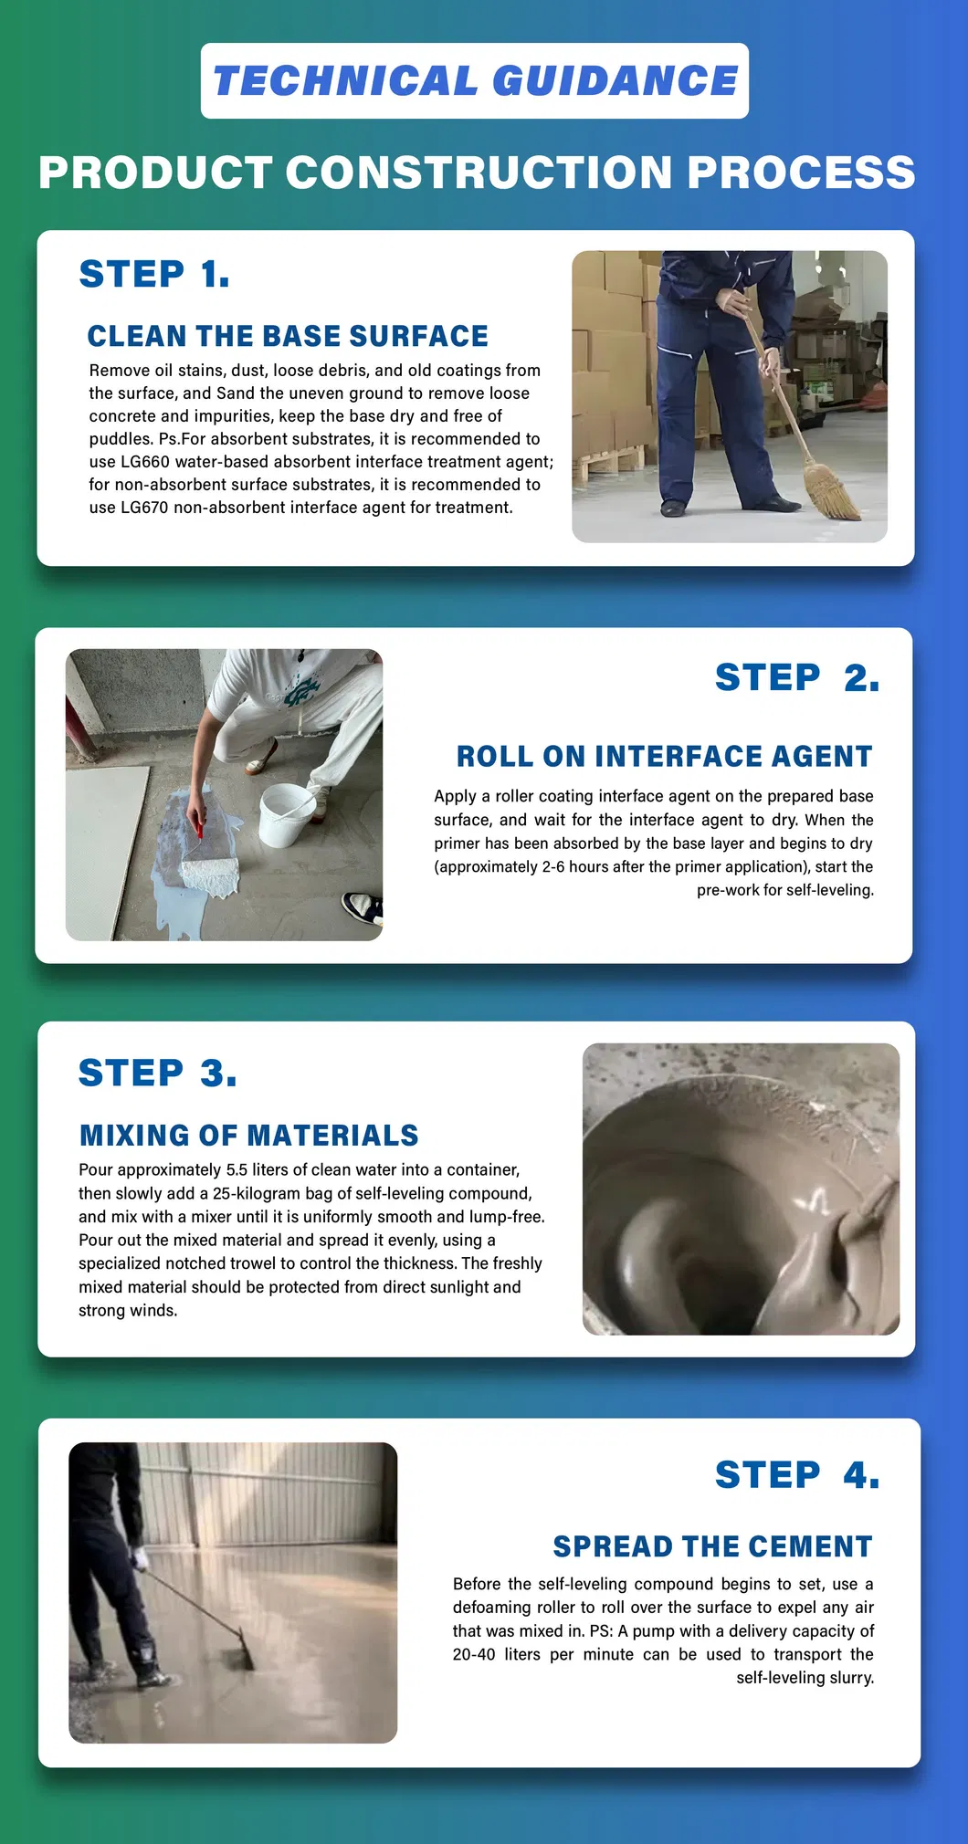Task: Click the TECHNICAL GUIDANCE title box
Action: point(474,80)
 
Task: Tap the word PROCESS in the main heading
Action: point(800,173)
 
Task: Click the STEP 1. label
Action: point(154,274)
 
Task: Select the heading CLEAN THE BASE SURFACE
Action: point(288,336)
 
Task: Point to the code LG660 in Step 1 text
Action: point(145,462)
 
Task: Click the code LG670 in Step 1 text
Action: point(144,508)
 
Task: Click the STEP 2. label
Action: point(796,677)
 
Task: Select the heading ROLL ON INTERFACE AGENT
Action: point(664,756)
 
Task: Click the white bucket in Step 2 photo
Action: point(287,815)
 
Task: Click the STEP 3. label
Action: point(157,1073)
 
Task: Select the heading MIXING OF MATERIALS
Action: point(248,1135)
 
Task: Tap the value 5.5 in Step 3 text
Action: point(237,1170)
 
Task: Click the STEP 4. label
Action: point(796,1475)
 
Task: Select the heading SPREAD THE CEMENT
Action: point(712,1546)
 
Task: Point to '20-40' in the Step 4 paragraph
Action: point(474,1655)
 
